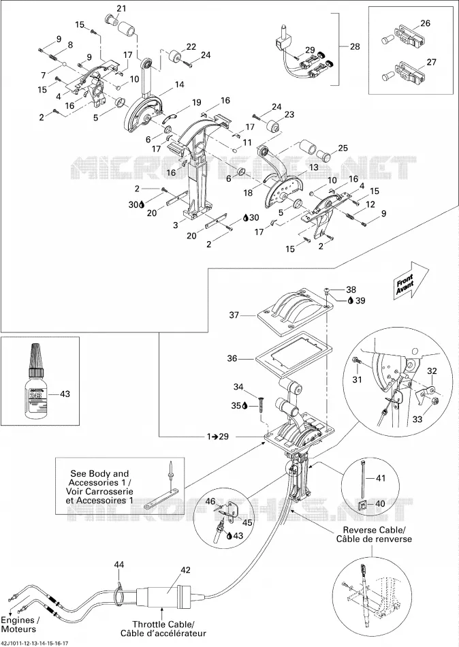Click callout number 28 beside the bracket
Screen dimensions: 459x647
point(355,46)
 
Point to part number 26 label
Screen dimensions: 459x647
point(425,23)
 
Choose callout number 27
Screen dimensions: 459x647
point(431,62)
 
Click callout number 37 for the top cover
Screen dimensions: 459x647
point(234,315)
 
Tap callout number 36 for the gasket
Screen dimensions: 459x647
point(232,358)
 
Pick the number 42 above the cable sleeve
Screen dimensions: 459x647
point(185,570)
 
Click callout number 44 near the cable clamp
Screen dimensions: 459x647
point(119,565)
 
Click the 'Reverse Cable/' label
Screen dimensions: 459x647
point(374,530)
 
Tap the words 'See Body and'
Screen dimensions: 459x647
point(99,474)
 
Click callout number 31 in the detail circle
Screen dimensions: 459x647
point(357,379)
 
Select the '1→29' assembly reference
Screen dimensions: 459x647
point(218,436)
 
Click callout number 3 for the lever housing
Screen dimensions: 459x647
point(176,225)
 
